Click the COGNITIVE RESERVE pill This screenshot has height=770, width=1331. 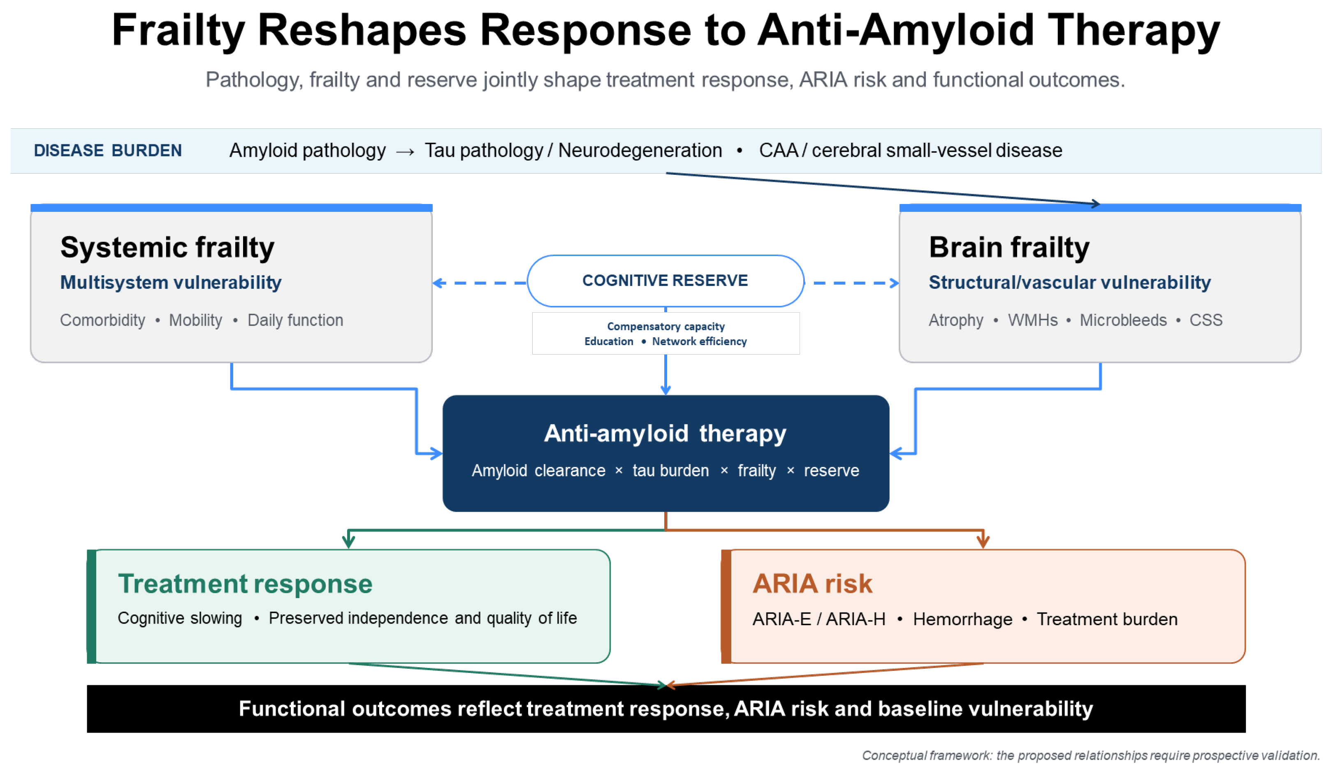point(665,281)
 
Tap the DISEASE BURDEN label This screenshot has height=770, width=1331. point(108,151)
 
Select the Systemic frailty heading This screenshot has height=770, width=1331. point(167,247)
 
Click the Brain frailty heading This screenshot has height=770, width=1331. point(1009,247)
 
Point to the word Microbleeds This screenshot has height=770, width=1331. point(1123,320)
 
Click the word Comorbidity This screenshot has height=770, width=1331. point(102,320)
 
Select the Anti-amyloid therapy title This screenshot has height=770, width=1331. point(665,434)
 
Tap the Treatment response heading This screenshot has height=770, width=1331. point(245,584)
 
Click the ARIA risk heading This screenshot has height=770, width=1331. point(812,584)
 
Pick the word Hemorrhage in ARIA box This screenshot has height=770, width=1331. point(962,619)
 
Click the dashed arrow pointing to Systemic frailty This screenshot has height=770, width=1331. point(479,283)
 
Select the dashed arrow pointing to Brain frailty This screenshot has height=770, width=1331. point(856,283)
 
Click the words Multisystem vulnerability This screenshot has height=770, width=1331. point(171,283)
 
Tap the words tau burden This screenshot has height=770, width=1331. point(671,471)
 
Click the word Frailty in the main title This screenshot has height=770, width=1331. point(178,30)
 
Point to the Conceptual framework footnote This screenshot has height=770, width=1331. point(1091,755)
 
